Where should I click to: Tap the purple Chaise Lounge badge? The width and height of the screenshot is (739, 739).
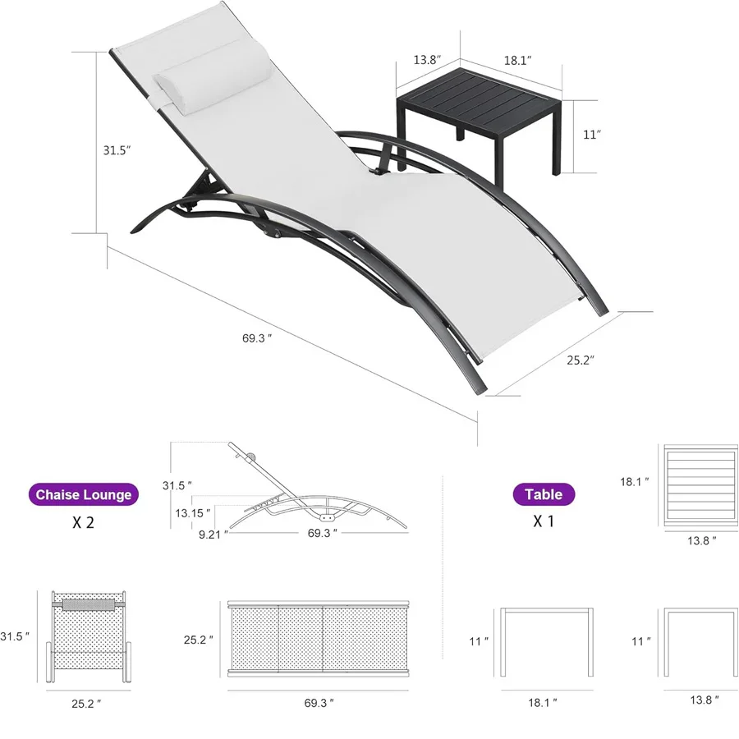[84, 494]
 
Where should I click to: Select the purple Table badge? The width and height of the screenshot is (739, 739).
[544, 494]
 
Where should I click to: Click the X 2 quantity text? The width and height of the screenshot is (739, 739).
[84, 522]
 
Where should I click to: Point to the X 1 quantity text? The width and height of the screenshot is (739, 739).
[544, 521]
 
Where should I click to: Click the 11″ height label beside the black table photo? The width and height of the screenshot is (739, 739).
[592, 135]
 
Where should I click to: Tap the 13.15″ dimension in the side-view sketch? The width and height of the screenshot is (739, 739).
[193, 513]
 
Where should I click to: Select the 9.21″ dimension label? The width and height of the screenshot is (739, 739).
[213, 535]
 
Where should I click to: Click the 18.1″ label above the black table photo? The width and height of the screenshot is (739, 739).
[518, 60]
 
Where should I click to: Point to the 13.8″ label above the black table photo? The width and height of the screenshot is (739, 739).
[428, 60]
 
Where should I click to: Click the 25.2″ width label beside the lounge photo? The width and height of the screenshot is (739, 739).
[581, 360]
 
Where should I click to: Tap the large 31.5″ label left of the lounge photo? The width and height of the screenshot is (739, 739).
[117, 150]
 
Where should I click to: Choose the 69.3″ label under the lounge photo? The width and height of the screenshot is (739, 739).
[257, 338]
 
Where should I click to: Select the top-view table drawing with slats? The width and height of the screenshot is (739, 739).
[700, 486]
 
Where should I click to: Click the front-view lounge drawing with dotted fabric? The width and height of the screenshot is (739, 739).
[89, 636]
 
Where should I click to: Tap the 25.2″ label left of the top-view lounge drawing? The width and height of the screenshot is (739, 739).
[199, 640]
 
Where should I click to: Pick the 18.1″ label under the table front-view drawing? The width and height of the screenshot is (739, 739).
[543, 703]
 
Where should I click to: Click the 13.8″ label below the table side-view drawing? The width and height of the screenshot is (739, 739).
[705, 700]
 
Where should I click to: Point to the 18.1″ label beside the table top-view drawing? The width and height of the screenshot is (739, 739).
[635, 482]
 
